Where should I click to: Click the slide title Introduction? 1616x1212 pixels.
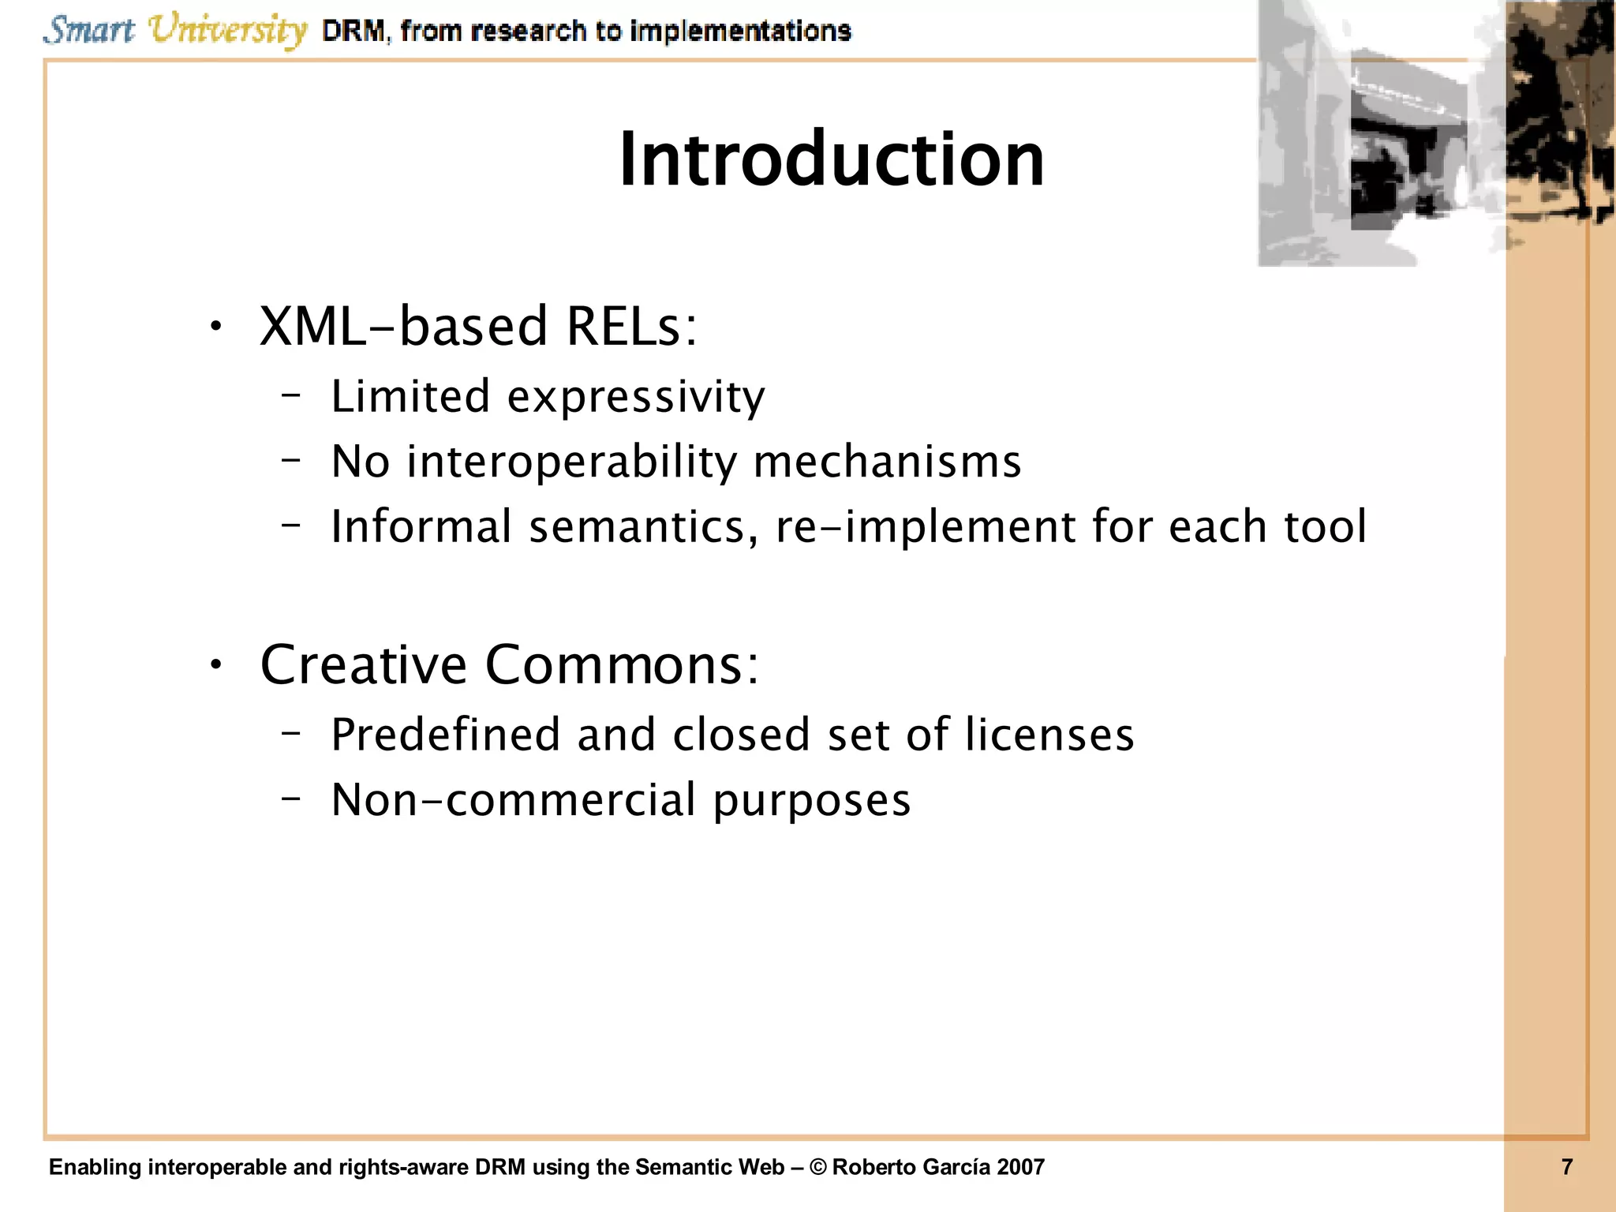832,159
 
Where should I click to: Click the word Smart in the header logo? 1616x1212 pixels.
88,30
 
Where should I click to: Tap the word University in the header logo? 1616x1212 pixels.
228,32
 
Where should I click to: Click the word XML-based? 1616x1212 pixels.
403,326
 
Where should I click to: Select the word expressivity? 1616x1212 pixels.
636,397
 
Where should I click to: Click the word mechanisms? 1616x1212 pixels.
888,462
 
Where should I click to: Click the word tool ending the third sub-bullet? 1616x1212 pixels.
1326,526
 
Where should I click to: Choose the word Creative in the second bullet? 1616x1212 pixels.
363,664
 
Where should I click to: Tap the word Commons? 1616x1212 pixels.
622,664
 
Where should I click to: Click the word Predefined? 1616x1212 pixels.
445,735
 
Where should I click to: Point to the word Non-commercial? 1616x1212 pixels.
514,800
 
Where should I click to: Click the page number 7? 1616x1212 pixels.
1567,1167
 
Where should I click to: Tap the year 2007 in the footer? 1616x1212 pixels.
1020,1167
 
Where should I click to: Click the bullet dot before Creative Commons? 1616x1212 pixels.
216,665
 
